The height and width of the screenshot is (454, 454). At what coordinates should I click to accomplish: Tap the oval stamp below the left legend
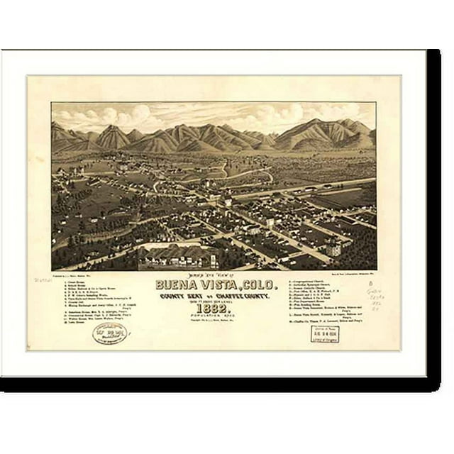tap(110, 333)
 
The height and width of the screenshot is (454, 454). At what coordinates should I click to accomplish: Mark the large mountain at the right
tap(326, 132)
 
